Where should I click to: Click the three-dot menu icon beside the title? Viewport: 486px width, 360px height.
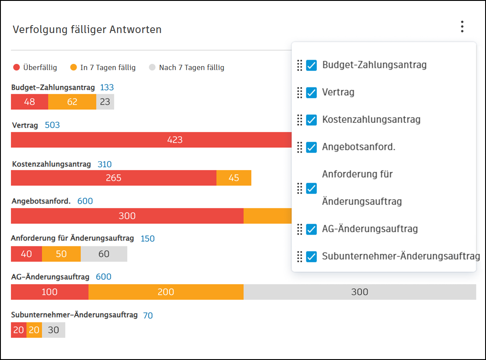(x=462, y=26)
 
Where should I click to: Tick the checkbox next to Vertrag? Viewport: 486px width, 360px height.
(x=311, y=93)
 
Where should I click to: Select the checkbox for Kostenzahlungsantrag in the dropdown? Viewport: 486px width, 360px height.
(x=311, y=120)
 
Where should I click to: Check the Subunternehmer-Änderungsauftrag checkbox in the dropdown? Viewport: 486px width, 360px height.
(x=311, y=256)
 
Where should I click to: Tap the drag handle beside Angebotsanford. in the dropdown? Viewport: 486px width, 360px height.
(x=300, y=147)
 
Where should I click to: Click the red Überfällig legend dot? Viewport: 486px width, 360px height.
(x=17, y=67)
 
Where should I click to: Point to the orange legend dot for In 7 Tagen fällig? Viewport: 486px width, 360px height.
(x=74, y=67)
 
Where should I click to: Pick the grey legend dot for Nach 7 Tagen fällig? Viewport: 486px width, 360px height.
(x=152, y=67)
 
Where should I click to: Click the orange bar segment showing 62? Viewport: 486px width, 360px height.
(x=72, y=102)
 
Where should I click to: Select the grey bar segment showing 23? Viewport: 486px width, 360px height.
(x=105, y=102)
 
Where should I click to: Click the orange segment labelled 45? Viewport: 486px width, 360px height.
(x=234, y=178)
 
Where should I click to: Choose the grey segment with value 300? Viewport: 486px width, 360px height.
(x=360, y=292)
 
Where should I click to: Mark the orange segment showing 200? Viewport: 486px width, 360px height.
(x=166, y=292)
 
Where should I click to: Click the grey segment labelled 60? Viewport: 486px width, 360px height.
(x=104, y=254)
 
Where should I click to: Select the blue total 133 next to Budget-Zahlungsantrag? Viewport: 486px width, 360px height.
(x=107, y=87)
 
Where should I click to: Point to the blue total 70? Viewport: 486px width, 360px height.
(x=148, y=315)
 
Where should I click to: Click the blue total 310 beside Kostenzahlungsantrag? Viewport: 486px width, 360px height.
(x=105, y=164)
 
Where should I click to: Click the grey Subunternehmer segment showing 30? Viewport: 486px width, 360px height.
(x=53, y=330)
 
